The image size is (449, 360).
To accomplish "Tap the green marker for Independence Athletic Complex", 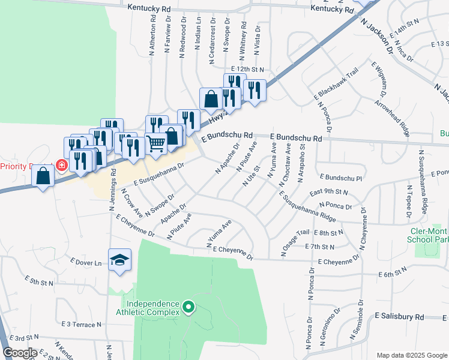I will [188, 308].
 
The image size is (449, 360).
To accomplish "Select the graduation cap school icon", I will [119, 259].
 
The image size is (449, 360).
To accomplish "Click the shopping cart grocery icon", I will [156, 143].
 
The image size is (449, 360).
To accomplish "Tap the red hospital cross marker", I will [61, 164].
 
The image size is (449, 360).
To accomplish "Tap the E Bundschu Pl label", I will [342, 178].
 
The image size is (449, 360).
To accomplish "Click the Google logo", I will [20, 353].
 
